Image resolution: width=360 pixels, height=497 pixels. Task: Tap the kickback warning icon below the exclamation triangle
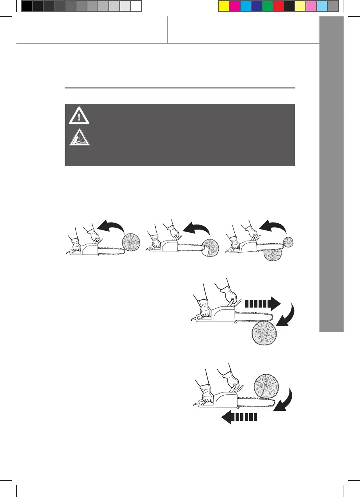coord(79,137)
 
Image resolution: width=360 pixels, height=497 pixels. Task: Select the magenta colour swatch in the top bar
coord(234,6)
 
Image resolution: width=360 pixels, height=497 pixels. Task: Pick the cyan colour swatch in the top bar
coord(245,6)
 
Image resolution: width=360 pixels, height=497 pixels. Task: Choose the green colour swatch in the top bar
coord(268,6)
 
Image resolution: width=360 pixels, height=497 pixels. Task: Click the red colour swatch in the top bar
coord(278,6)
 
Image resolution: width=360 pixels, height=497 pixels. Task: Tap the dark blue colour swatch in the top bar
coord(256,6)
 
